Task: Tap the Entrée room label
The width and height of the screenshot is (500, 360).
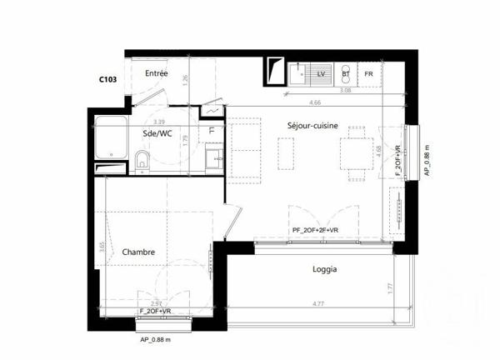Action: click(x=157, y=74)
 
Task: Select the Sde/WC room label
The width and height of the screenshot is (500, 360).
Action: click(x=157, y=132)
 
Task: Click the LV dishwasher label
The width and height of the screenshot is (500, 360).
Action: click(x=320, y=74)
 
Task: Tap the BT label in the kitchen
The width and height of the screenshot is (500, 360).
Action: click(x=345, y=74)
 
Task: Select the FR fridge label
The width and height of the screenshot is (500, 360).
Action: click(x=367, y=74)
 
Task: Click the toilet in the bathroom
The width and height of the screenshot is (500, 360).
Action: click(x=142, y=161)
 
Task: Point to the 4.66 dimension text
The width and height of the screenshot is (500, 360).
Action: click(x=315, y=102)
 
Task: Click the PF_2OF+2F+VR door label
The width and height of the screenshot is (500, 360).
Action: click(x=315, y=230)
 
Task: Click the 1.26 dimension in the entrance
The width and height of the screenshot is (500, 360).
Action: click(x=186, y=79)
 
